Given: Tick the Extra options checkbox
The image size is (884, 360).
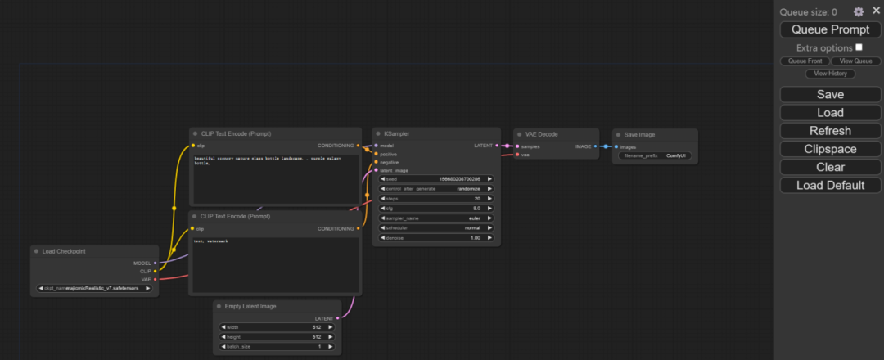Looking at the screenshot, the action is (x=859, y=47).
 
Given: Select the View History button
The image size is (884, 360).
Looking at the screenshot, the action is (x=831, y=74).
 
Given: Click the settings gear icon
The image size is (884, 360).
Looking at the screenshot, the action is (x=859, y=11).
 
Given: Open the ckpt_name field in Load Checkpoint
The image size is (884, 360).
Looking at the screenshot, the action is (x=95, y=288).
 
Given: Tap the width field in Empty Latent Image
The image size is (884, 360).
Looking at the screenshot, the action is (x=277, y=327).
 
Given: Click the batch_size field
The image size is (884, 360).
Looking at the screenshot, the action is (x=277, y=347).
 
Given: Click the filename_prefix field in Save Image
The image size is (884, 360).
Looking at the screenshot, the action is (x=656, y=155).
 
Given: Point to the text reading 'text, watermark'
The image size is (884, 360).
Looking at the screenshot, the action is (x=210, y=241).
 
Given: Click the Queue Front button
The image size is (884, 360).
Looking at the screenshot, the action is (x=805, y=61).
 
